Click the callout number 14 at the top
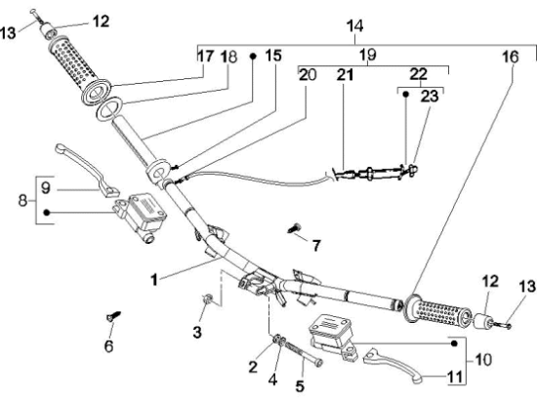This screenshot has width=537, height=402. (x=354, y=26)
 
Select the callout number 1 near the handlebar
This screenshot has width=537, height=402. (x=154, y=279)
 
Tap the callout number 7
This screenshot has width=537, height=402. (x=316, y=245)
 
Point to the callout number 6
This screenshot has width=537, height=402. (x=108, y=346)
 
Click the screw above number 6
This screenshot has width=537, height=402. (x=113, y=315)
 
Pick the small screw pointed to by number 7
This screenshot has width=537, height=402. (x=294, y=228)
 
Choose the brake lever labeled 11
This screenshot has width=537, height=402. (x=393, y=365)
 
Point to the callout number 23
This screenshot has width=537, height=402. (x=430, y=97)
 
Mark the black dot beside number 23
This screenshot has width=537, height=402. (x=405, y=94)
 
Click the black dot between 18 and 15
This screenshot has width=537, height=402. (x=253, y=57)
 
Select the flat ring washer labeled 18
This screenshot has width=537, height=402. (x=110, y=109)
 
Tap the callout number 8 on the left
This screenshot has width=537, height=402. (x=22, y=200)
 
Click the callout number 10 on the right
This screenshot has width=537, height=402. (x=483, y=360)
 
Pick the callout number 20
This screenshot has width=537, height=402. (x=308, y=74)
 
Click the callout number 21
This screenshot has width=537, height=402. (x=345, y=74)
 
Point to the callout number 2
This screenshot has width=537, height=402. (x=253, y=367)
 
